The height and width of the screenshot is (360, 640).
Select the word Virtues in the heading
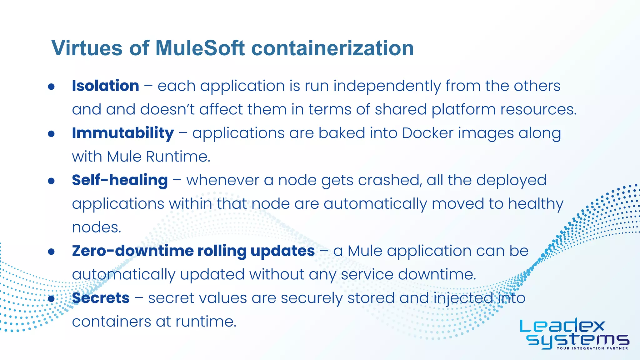(87, 48)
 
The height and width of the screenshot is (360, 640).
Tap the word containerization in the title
(332, 48)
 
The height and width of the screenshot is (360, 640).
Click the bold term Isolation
(105, 86)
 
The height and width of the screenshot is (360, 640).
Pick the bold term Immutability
(123, 133)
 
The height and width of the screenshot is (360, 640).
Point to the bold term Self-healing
(120, 180)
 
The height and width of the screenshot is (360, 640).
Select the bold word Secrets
(101, 298)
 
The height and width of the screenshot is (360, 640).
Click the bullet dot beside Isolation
(52, 87)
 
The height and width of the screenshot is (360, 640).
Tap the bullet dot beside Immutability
(52, 134)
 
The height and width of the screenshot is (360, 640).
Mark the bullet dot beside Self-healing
(52, 181)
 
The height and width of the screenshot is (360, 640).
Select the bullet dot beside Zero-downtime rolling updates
(52, 252)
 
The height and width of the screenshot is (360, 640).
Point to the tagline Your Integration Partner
(592, 348)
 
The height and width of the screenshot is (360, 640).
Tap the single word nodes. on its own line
(96, 227)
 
